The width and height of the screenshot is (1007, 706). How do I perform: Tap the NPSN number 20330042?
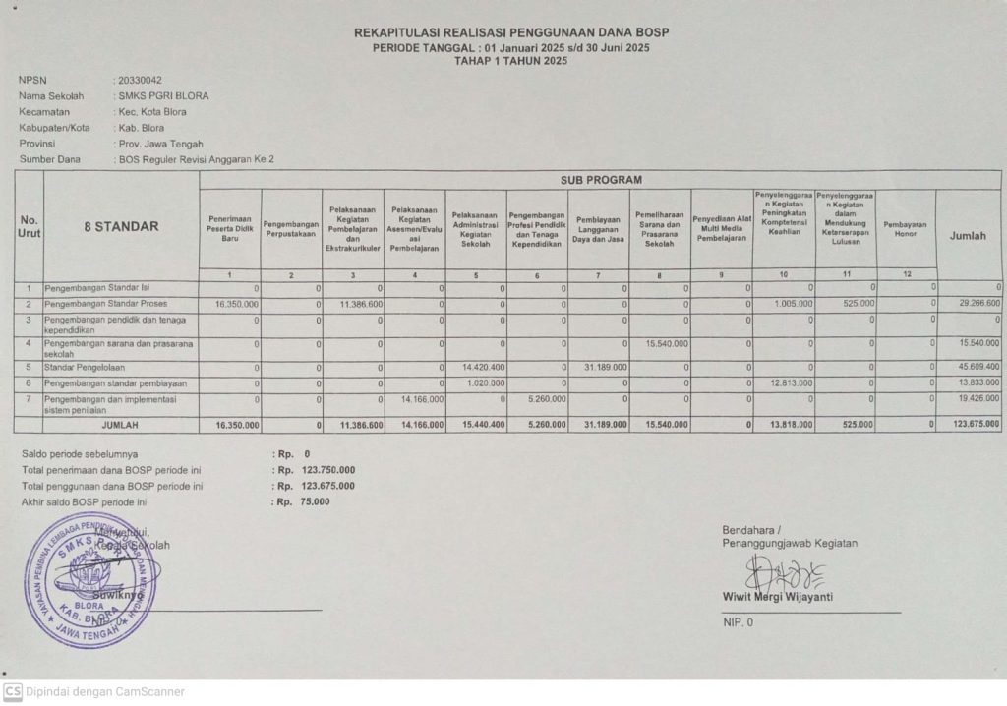(140, 80)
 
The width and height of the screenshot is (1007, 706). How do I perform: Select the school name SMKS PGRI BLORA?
(163, 96)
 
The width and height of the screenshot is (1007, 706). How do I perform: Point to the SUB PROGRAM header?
(601, 180)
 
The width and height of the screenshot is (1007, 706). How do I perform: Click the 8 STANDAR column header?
(121, 227)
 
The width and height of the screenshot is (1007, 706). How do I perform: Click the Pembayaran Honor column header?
(905, 227)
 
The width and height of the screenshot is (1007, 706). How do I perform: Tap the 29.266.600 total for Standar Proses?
(977, 305)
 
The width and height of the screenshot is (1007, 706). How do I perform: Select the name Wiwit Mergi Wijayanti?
(778, 597)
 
